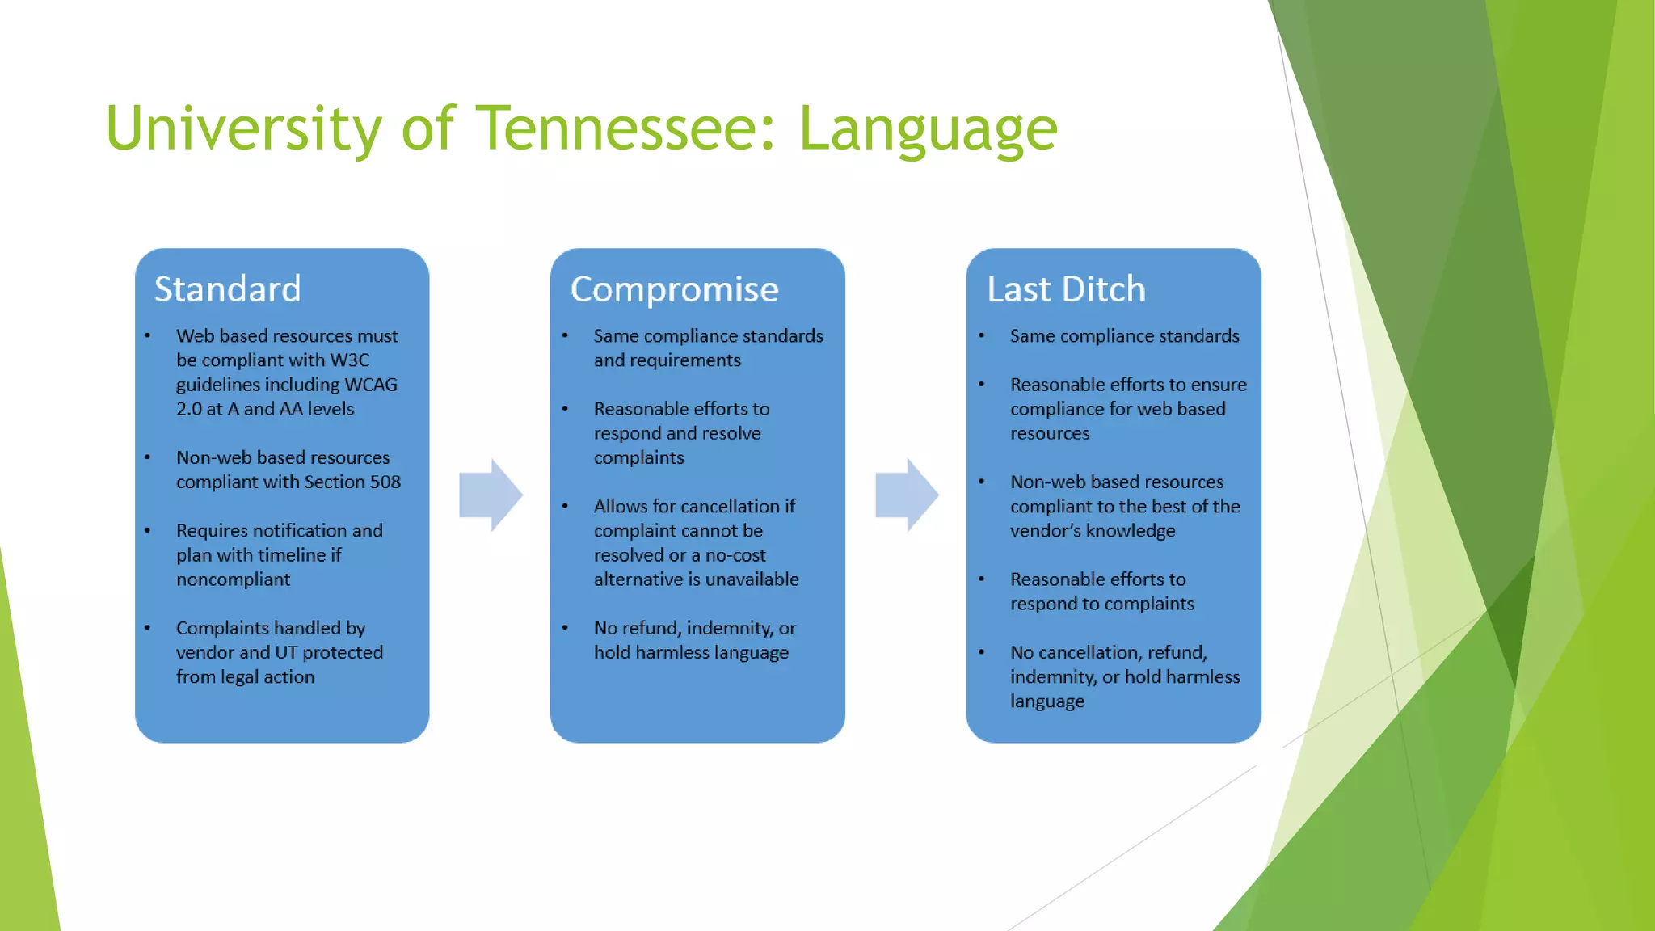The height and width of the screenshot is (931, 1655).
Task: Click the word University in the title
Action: pyautogui.click(x=243, y=129)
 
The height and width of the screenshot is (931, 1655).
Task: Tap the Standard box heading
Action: pyautogui.click(x=227, y=289)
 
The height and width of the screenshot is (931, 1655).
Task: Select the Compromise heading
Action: pyautogui.click(x=674, y=289)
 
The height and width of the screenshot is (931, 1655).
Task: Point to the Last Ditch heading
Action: pyautogui.click(x=1066, y=289)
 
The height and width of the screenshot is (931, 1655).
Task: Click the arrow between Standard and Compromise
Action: pyautogui.click(x=491, y=495)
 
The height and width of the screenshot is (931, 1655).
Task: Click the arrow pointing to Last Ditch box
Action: pyautogui.click(x=907, y=495)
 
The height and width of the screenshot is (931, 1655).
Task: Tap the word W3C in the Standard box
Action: pyautogui.click(x=349, y=360)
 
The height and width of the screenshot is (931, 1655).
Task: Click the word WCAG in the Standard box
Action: pyautogui.click(x=371, y=384)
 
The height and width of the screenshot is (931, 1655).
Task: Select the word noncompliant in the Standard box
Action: pyautogui.click(x=233, y=579)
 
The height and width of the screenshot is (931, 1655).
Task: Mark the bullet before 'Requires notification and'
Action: pyautogui.click(x=148, y=531)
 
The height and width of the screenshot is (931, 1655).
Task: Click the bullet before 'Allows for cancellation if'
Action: pyautogui.click(x=565, y=507)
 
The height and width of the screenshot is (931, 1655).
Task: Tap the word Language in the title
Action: pyautogui.click(x=928, y=129)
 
